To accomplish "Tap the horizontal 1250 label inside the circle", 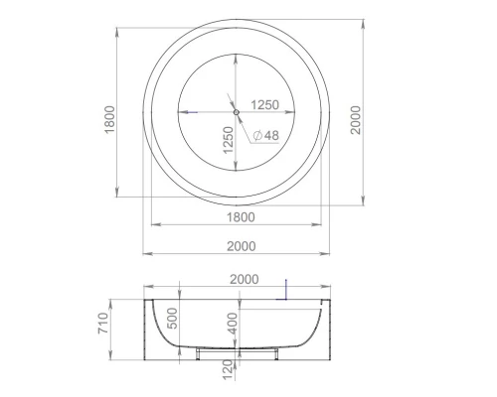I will click(263, 103).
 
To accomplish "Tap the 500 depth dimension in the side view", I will click(173, 319).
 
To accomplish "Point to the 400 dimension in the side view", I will click(232, 323).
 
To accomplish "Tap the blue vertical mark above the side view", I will click(285, 288).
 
